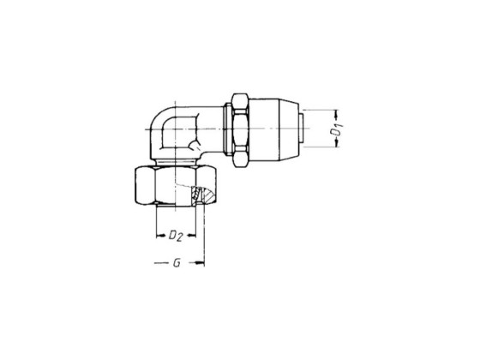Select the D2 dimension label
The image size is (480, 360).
(175, 234)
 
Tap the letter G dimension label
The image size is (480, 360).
(176, 264)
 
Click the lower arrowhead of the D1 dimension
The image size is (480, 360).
(336, 147)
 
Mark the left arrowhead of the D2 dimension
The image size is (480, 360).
(159, 235)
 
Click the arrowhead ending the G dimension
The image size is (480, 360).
(201, 264)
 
